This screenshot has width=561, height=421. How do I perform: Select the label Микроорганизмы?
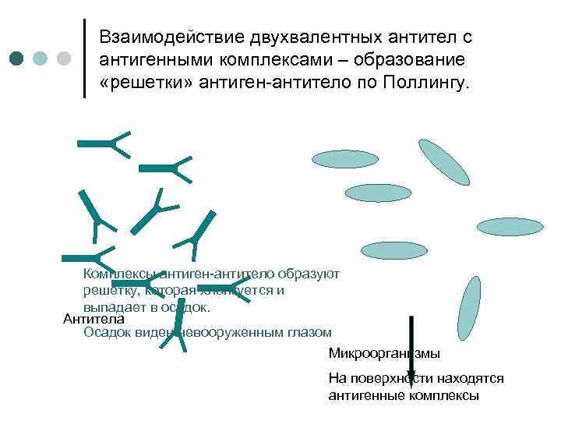[384, 353]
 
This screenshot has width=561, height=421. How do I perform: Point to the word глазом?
[306, 332]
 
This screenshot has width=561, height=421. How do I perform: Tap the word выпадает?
[112, 306]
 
